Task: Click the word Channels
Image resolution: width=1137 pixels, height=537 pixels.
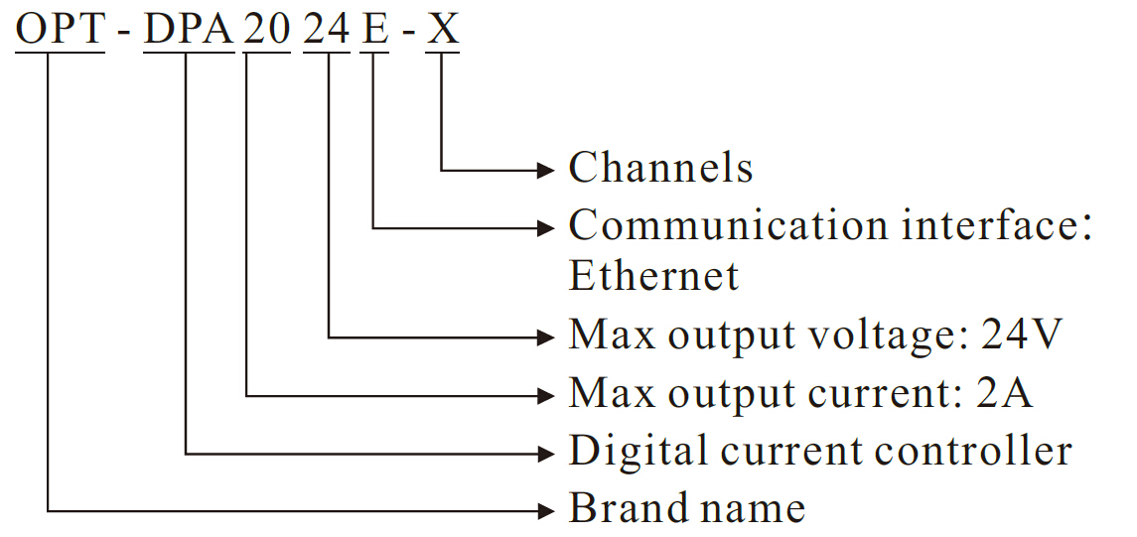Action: pos(660,169)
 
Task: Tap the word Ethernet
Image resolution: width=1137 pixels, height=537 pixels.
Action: pos(653,276)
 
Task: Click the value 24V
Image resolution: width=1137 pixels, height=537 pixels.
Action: pos(1023,336)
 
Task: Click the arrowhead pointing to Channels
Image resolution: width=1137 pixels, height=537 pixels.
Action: pos(544,170)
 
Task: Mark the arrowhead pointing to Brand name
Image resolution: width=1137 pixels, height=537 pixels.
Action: pos(544,511)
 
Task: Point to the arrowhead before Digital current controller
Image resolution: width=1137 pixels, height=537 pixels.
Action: pos(544,454)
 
